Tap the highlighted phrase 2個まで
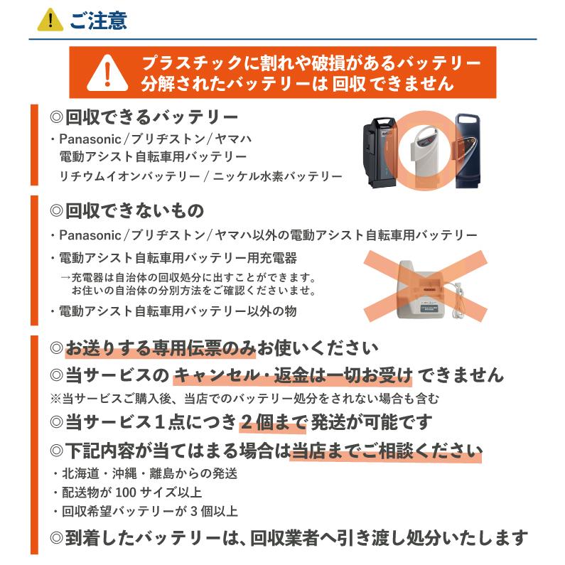[273, 422]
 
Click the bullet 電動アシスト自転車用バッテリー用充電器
[178, 257]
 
